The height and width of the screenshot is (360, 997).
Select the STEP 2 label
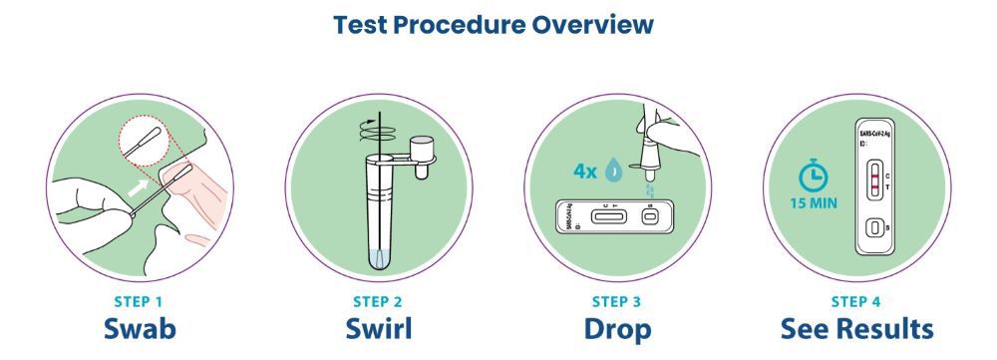378,299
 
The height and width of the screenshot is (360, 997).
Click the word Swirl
378,328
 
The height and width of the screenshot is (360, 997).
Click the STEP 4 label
856,299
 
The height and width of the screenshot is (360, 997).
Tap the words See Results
856,328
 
